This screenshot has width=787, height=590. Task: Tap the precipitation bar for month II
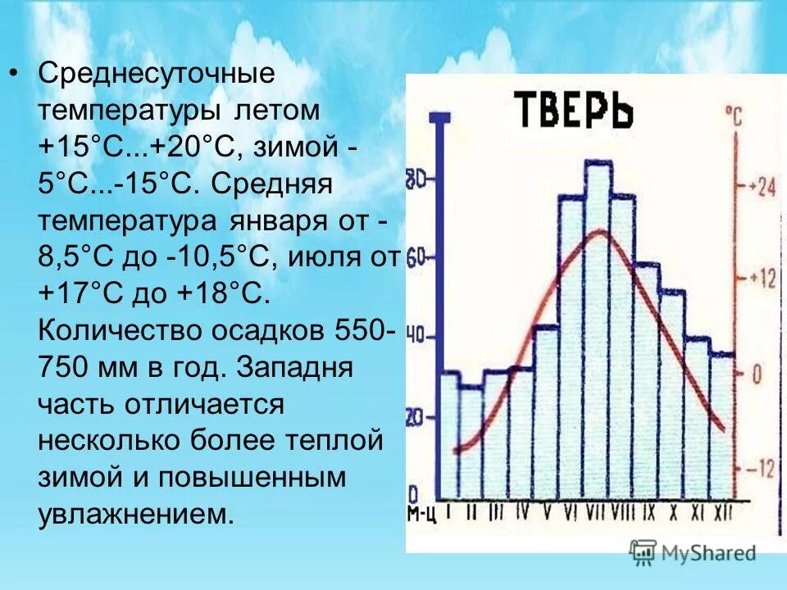tap(471, 442)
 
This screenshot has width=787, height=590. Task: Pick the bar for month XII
tap(722, 426)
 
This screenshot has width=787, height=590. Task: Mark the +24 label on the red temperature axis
tap(760, 188)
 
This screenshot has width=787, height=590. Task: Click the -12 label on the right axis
tap(760, 470)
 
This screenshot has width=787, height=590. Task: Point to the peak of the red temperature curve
tap(600, 232)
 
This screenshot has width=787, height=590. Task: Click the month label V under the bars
tap(546, 512)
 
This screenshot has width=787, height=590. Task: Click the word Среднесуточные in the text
tap(156, 74)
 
